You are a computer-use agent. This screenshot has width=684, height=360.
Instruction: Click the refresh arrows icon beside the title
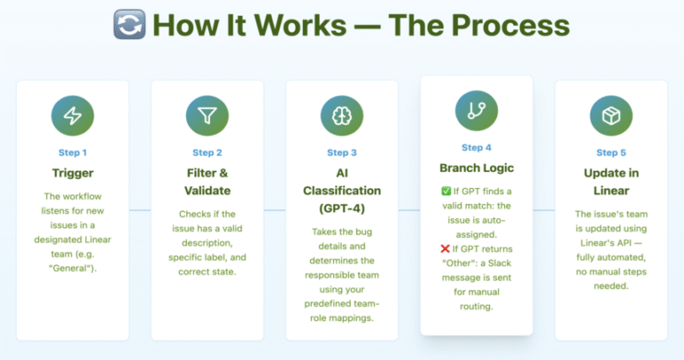click(x=129, y=24)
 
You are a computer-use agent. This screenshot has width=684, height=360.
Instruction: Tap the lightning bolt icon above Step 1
click(x=72, y=116)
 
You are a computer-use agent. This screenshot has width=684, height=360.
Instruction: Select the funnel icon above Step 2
click(x=208, y=116)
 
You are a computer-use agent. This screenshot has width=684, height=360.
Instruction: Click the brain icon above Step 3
click(x=342, y=116)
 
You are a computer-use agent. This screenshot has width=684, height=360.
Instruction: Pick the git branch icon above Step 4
click(x=476, y=110)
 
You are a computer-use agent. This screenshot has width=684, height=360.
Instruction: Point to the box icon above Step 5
click(x=611, y=116)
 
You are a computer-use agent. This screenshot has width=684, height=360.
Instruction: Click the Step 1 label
click(x=72, y=152)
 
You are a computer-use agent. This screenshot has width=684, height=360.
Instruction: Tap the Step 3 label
click(x=342, y=152)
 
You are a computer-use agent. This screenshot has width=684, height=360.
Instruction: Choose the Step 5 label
click(x=611, y=152)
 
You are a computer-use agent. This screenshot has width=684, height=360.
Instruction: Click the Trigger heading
click(x=73, y=173)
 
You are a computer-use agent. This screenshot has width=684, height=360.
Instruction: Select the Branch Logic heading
click(x=476, y=168)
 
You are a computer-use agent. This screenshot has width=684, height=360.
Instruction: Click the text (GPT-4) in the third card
click(x=342, y=209)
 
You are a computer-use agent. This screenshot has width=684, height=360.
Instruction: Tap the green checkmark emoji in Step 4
click(x=446, y=191)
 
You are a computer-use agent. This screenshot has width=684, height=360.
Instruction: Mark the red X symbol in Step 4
click(x=445, y=249)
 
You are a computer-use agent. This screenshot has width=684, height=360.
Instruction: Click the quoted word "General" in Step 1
click(x=72, y=268)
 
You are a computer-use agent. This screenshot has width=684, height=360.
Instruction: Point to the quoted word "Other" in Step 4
click(x=458, y=263)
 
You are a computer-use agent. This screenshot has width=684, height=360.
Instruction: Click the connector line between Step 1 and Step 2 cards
click(x=140, y=210)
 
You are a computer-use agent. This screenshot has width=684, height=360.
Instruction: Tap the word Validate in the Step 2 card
click(x=208, y=191)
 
